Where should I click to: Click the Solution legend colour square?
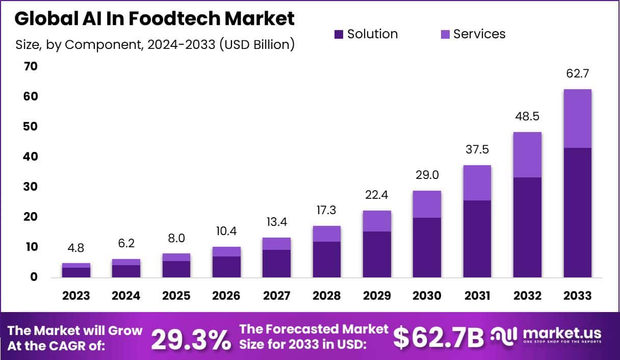click(339, 35)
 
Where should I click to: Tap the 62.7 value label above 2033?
click(577, 73)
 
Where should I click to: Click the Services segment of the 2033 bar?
click(577, 118)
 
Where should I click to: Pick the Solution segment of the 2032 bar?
click(527, 227)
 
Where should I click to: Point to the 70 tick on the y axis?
click(30, 66)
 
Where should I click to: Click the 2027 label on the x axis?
click(276, 296)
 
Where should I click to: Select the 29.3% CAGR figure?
click(191, 340)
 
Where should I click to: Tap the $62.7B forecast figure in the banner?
click(439, 338)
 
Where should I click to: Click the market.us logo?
click(546, 336)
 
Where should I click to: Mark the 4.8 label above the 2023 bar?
click(76, 248)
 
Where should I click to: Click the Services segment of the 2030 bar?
click(427, 204)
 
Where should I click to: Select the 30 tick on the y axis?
click(30, 187)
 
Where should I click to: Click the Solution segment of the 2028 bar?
click(326, 259)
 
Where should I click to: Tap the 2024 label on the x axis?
click(126, 296)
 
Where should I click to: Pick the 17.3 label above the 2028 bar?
click(326, 210)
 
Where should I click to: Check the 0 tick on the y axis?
click(34, 277)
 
